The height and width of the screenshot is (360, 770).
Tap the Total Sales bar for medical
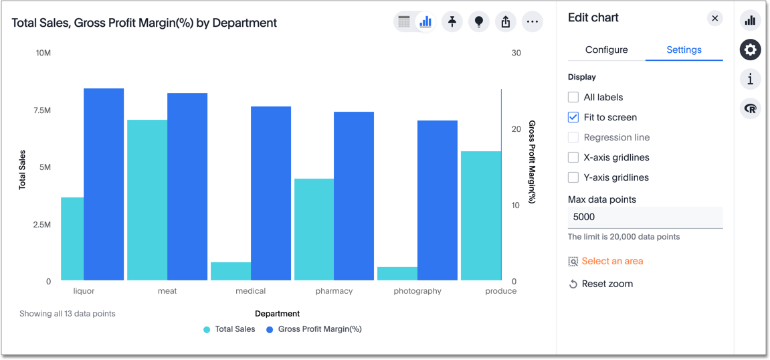tap(230, 271)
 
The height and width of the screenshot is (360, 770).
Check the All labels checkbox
tap(573, 97)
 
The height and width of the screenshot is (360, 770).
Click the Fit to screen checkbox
tap(573, 117)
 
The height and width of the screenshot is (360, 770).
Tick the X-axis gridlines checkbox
tap(573, 157)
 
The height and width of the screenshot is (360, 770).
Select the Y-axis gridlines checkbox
tap(573, 177)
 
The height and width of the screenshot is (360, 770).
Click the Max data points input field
tap(645, 217)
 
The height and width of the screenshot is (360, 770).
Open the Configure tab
tap(606, 50)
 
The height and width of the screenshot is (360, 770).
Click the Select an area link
tap(611, 261)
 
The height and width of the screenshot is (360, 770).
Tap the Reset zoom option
tap(607, 284)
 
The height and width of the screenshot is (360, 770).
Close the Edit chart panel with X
tap(714, 18)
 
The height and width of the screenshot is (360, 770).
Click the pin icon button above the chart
tap(452, 22)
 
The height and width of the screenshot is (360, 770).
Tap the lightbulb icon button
tap(479, 22)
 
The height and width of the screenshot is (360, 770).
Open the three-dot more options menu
tap(532, 22)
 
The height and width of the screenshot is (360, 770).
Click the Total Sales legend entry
tap(229, 329)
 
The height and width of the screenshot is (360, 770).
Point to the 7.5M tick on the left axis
tap(42, 110)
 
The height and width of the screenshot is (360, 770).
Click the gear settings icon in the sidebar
tap(750, 50)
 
